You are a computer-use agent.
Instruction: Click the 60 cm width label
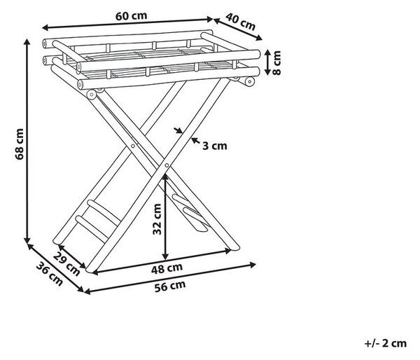click(x=132, y=16)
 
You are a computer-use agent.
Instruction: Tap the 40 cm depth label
click(x=240, y=22)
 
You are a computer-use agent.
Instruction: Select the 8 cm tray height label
click(x=276, y=63)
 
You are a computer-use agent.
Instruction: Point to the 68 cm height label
click(x=20, y=144)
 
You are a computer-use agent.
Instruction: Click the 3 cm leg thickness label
click(x=215, y=146)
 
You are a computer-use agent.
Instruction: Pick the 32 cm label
click(x=157, y=219)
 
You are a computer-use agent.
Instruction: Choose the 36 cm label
click(x=50, y=274)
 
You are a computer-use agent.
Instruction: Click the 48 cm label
click(x=167, y=268)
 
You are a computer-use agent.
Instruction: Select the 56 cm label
click(x=170, y=286)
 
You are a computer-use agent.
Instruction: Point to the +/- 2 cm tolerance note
click(x=386, y=343)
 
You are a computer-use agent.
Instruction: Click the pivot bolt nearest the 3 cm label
click(x=167, y=165)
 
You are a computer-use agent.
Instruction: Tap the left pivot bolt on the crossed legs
click(x=133, y=146)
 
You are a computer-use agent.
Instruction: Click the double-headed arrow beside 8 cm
click(x=268, y=62)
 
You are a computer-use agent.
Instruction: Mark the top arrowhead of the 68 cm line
click(x=27, y=42)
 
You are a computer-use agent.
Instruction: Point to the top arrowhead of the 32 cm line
click(x=165, y=177)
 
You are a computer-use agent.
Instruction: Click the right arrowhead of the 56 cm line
click(x=252, y=265)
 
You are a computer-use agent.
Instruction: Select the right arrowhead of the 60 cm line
click(x=210, y=19)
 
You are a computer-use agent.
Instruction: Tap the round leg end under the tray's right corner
click(x=250, y=81)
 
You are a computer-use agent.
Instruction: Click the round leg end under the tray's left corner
click(x=92, y=95)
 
